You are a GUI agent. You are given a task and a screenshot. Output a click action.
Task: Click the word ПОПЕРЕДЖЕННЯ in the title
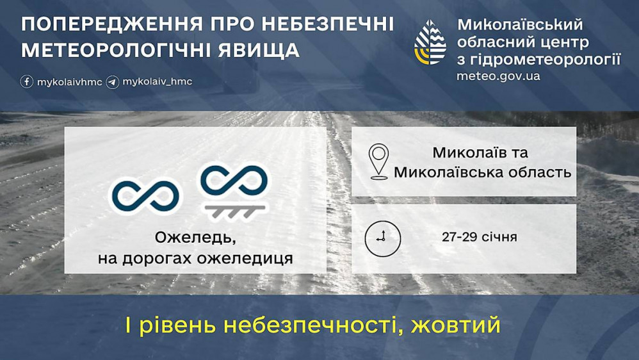pyautogui.click(x=111, y=24)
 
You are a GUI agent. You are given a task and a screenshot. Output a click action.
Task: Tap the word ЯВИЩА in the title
pyautogui.click(x=259, y=50)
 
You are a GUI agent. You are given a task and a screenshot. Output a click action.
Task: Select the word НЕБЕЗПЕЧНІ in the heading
pyautogui.click(x=328, y=24)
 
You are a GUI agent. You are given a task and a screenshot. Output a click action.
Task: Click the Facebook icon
pyautogui.click(x=27, y=81)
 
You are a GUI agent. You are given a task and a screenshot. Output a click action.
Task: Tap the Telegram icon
pyautogui.click(x=113, y=82)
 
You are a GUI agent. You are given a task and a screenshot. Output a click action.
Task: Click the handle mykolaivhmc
pyautogui.click(x=69, y=82)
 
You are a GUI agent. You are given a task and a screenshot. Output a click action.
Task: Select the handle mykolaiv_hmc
pyautogui.click(x=158, y=81)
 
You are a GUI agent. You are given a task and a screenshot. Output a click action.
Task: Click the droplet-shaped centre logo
pyautogui.click(x=430, y=42)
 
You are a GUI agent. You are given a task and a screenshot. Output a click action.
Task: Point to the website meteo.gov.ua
pyautogui.click(x=498, y=76)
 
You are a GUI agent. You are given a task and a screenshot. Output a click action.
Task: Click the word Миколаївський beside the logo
pyautogui.click(x=520, y=24)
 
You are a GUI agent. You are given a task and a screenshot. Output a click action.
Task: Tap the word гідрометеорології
pyautogui.click(x=546, y=60)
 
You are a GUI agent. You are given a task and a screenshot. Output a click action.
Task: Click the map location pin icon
pyautogui.click(x=378, y=161)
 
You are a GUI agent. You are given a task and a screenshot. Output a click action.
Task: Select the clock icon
pyautogui.click(x=382, y=238)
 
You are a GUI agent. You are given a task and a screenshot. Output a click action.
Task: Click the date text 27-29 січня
pyautogui.click(x=479, y=237)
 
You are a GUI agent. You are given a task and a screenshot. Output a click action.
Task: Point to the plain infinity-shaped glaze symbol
pyautogui.click(x=146, y=196)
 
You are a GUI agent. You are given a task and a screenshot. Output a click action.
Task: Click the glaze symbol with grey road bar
pyautogui.click(x=234, y=191)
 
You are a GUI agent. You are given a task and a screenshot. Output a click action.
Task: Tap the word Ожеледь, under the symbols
pyautogui.click(x=195, y=238)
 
